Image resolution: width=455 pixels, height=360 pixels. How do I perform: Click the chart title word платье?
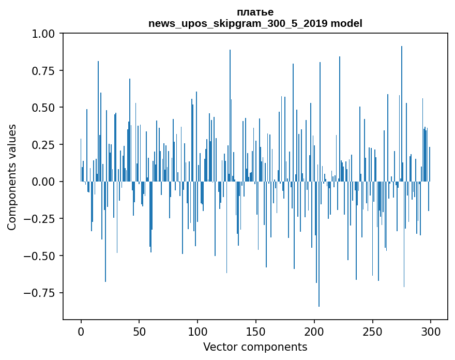coord(255,12)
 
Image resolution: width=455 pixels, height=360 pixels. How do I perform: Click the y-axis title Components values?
coord(12,177)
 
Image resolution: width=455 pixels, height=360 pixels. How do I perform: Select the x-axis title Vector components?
coord(255,347)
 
